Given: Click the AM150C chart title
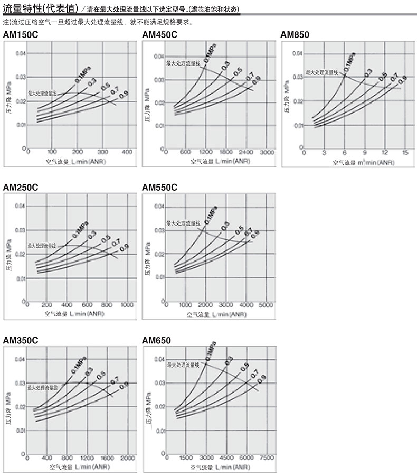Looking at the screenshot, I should click(20, 35).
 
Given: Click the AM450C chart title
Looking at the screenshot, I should click(160, 35).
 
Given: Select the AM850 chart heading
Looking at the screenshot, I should click(295, 35).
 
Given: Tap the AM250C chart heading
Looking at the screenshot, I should click(20, 188).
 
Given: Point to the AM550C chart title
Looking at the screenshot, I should click(160, 188).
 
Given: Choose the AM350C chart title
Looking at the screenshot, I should click(20, 340).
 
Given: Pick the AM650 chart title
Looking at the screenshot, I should click(157, 340).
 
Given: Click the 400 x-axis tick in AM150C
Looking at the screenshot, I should click(127, 152).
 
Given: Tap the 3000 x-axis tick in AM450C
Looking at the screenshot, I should click(268, 152).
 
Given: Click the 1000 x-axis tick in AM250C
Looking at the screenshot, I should click(127, 305).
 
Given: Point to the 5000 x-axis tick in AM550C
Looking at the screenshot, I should click(267, 305).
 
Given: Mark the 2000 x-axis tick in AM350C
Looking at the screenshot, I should click(127, 458).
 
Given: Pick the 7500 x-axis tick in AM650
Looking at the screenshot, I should click(267, 458).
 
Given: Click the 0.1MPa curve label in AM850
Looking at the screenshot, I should click(349, 62).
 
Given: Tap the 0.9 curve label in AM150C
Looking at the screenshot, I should click(124, 95).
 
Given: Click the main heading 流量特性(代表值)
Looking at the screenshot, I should click(41, 10).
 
